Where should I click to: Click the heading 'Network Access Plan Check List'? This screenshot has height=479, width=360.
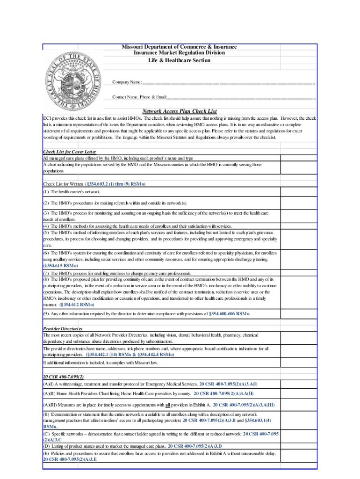coord(180,111)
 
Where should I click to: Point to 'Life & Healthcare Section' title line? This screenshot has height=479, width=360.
coord(180,60)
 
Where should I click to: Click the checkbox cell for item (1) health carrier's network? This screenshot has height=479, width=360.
coord(298,192)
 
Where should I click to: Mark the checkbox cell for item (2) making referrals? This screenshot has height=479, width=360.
coord(298,203)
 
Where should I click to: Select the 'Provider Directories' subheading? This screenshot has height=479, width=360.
coord(62,329)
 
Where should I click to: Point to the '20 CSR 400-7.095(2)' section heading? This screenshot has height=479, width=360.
coord(63,377)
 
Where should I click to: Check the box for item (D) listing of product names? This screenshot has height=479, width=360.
coord(298,446)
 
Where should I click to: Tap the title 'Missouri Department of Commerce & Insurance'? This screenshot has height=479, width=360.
coord(180,47)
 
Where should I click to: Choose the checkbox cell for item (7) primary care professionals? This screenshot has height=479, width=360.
coord(298,273)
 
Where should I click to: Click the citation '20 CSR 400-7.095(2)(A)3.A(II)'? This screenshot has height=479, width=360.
coord(223,393)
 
